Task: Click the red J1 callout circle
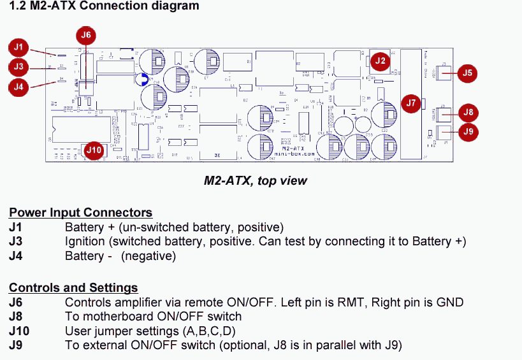pyautogui.click(x=18, y=47)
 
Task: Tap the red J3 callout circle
pyautogui.click(x=18, y=66)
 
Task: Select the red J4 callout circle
pyautogui.click(x=18, y=86)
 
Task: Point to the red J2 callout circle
pyautogui.click(x=381, y=61)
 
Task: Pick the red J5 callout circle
pyautogui.click(x=467, y=73)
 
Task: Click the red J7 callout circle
pyautogui.click(x=410, y=103)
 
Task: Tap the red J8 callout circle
pyautogui.click(x=468, y=113)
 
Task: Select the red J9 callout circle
pyautogui.click(x=468, y=132)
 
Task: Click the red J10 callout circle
pyautogui.click(x=94, y=150)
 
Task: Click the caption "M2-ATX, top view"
pyautogui.click(x=255, y=181)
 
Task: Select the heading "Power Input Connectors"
pyautogui.click(x=80, y=213)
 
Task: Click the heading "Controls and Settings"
pyautogui.click(x=73, y=288)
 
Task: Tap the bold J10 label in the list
pyautogui.click(x=19, y=331)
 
